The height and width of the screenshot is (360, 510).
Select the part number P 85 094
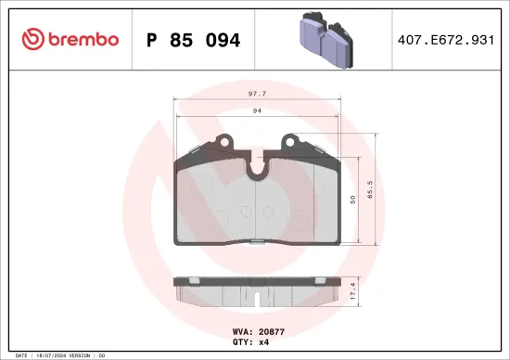tap(194, 40)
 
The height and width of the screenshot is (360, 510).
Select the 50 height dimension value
tap(352, 199)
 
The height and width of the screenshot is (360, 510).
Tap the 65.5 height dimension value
tap(369, 191)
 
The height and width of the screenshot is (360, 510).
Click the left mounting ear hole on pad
tap(221, 143)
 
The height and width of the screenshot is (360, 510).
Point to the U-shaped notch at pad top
tap(257, 167)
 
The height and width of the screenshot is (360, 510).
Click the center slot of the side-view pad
tap(257, 298)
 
